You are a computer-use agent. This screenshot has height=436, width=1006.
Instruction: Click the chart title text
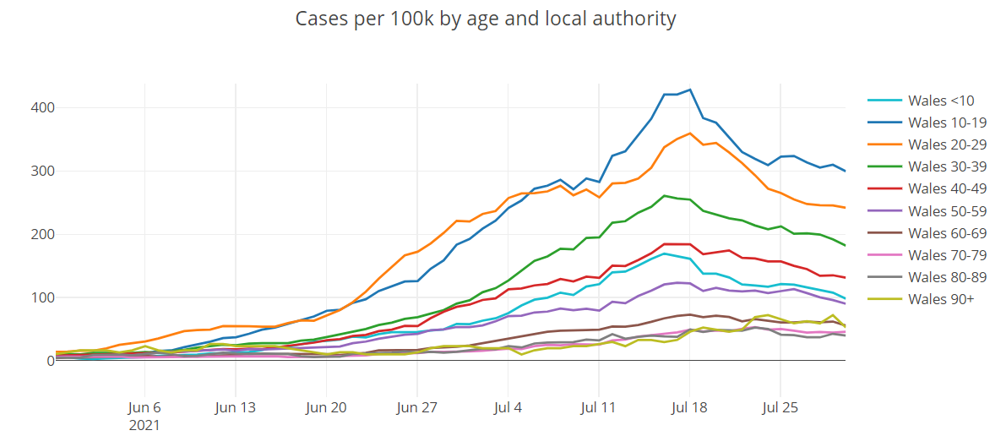486,18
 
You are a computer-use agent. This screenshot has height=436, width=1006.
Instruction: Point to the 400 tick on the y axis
44,108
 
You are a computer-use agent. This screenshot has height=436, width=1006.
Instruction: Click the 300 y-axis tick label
44,172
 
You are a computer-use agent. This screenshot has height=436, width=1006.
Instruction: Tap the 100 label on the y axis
44,297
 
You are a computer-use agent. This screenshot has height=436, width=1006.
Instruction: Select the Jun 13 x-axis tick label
236,406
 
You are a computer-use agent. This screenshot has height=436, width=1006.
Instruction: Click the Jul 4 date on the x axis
508,406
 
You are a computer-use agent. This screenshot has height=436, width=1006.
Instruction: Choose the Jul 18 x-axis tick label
689,406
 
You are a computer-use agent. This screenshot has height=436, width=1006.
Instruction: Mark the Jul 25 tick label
780,406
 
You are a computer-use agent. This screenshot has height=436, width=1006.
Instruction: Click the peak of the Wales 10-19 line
690,90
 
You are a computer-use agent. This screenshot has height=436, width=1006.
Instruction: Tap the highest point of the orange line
690,134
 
